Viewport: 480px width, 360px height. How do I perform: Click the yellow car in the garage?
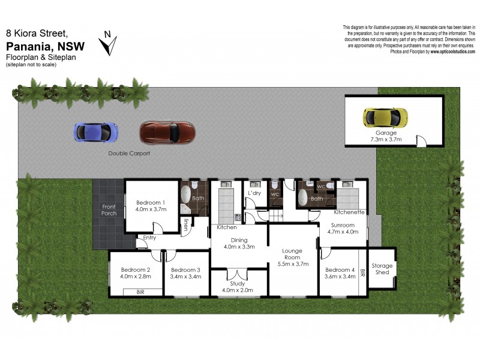pyautogui.click(x=385, y=117)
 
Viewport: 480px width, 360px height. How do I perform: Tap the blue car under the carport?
pyautogui.click(x=96, y=131)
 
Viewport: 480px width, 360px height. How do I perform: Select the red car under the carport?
pyautogui.click(x=167, y=132)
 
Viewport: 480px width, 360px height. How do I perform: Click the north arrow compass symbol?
pyautogui.click(x=110, y=43)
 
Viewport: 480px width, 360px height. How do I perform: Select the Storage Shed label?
pyautogui.click(x=382, y=269)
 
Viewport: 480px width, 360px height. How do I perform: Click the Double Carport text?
pyautogui.click(x=129, y=154)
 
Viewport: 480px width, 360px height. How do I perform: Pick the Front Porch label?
pyautogui.click(x=109, y=210)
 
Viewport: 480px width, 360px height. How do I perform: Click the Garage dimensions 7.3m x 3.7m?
pyautogui.click(x=386, y=139)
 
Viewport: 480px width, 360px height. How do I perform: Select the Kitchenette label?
pyautogui.click(x=349, y=212)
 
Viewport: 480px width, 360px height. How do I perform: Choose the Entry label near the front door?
pyautogui.click(x=149, y=238)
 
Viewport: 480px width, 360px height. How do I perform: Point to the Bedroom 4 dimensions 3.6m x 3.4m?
pyautogui.click(x=340, y=276)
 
